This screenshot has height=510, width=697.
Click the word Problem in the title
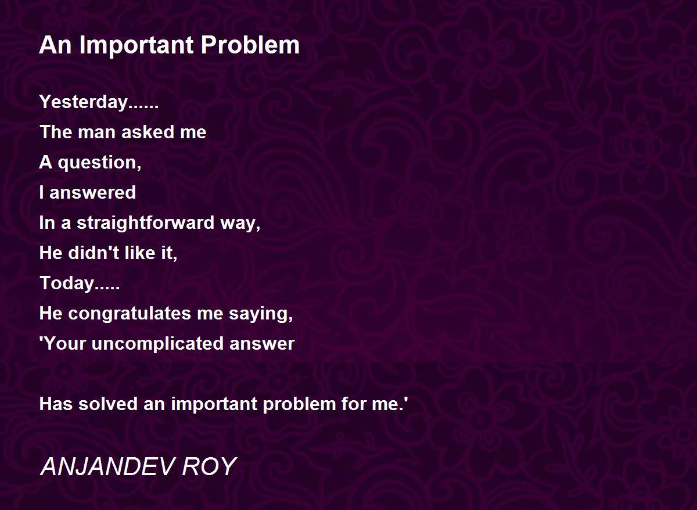tap(250, 45)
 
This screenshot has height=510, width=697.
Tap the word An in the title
tap(55, 45)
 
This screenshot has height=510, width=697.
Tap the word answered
tap(92, 193)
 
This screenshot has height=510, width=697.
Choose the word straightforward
tap(145, 223)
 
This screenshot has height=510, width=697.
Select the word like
tap(140, 252)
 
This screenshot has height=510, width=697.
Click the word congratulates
tap(130, 314)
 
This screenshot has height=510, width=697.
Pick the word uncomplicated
tap(157, 344)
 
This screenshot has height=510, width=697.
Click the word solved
tap(107, 404)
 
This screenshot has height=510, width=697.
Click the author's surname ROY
tap(210, 466)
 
